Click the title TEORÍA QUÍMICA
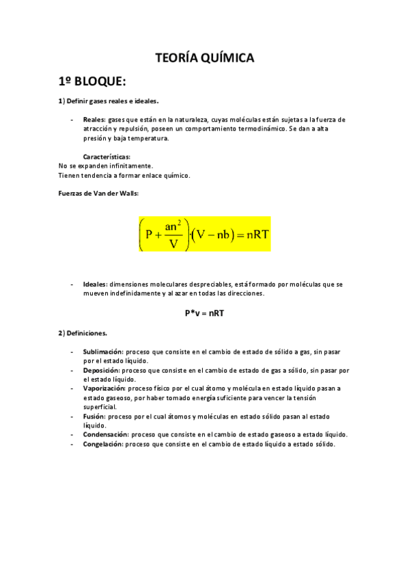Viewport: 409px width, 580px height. [204, 59]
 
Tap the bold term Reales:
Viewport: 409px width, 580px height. [94, 120]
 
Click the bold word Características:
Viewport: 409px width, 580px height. [107, 157]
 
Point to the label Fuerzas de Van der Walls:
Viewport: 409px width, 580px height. [98, 194]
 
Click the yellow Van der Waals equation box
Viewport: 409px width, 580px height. [204, 234]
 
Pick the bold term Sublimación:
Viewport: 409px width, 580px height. [103, 352]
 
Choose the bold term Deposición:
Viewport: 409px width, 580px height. [101, 370]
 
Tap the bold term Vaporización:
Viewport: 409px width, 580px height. [104, 388]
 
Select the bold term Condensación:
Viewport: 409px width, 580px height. [106, 434]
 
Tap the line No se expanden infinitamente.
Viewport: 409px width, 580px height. [106, 166]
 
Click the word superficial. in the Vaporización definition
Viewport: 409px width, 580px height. [100, 406]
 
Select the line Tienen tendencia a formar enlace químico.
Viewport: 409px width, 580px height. [124, 175]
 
